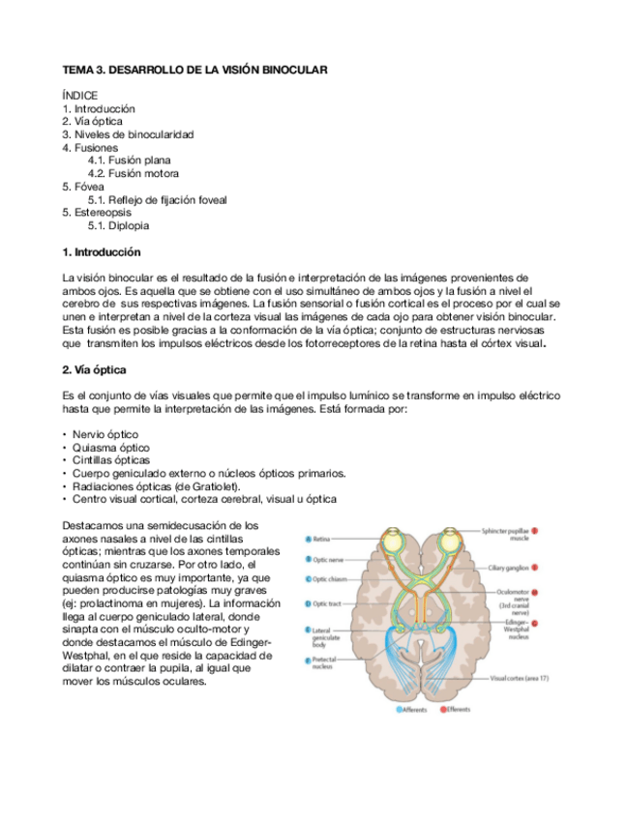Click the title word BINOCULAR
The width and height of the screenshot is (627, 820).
coord(288,71)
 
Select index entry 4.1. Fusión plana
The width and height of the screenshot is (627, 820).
coord(130,161)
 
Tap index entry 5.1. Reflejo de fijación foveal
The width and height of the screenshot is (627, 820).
coord(158,200)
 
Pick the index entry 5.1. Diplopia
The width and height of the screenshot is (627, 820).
coord(119,225)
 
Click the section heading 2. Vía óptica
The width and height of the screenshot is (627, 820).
coord(94,370)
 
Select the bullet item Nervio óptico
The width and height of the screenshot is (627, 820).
coord(104,435)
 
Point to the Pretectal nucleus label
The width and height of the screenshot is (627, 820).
coord(326,663)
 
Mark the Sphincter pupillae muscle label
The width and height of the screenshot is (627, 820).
coord(506,535)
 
